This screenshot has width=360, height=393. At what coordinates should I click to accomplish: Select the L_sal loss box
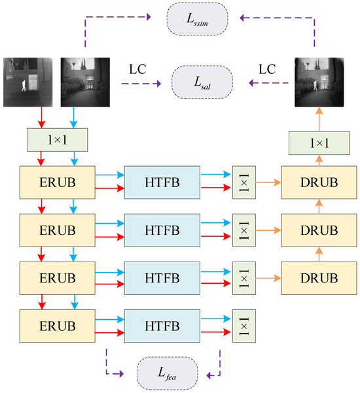tap(202, 82)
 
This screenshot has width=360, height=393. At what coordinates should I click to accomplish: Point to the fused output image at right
tap(319, 82)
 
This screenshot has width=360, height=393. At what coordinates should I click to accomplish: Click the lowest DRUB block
tap(319, 277)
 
